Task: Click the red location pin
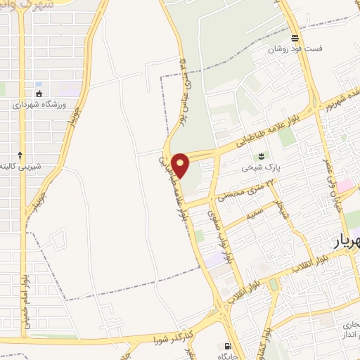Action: [181, 165]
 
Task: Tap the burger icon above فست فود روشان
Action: [295, 38]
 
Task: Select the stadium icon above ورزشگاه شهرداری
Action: [38, 93]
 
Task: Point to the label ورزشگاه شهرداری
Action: [40, 104]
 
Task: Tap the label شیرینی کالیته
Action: [38, 166]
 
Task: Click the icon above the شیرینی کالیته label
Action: [20, 155]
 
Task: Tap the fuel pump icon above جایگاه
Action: [226, 346]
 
